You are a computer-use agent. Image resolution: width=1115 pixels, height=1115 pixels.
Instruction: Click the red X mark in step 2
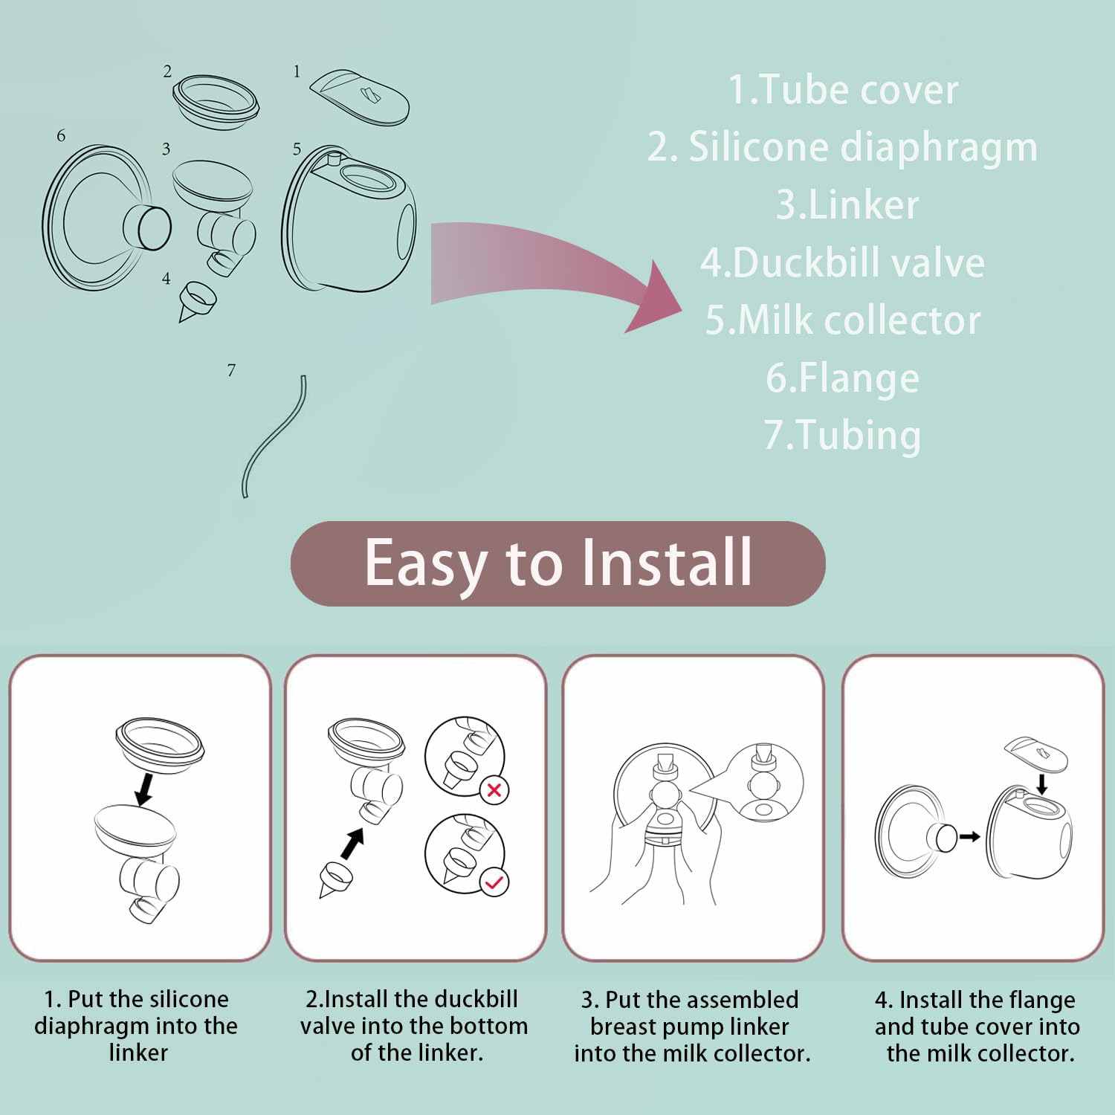[494, 790]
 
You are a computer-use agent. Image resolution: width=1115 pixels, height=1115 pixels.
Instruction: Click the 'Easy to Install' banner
[557, 563]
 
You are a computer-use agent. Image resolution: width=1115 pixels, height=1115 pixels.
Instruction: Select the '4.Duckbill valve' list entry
[842, 262]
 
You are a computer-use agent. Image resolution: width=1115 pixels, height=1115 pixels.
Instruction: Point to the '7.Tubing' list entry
[842, 435]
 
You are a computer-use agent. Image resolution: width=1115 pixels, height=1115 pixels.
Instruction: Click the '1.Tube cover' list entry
[842, 89]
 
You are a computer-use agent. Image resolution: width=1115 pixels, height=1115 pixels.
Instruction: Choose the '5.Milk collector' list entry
[842, 320]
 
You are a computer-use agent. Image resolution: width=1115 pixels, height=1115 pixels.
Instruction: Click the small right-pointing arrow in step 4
[969, 836]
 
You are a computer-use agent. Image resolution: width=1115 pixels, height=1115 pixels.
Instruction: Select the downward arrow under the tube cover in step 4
[1042, 783]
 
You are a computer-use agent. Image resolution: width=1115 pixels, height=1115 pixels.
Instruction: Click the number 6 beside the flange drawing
[61, 135]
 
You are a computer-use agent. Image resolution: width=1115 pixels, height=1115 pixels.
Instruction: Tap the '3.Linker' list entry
[847, 204]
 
